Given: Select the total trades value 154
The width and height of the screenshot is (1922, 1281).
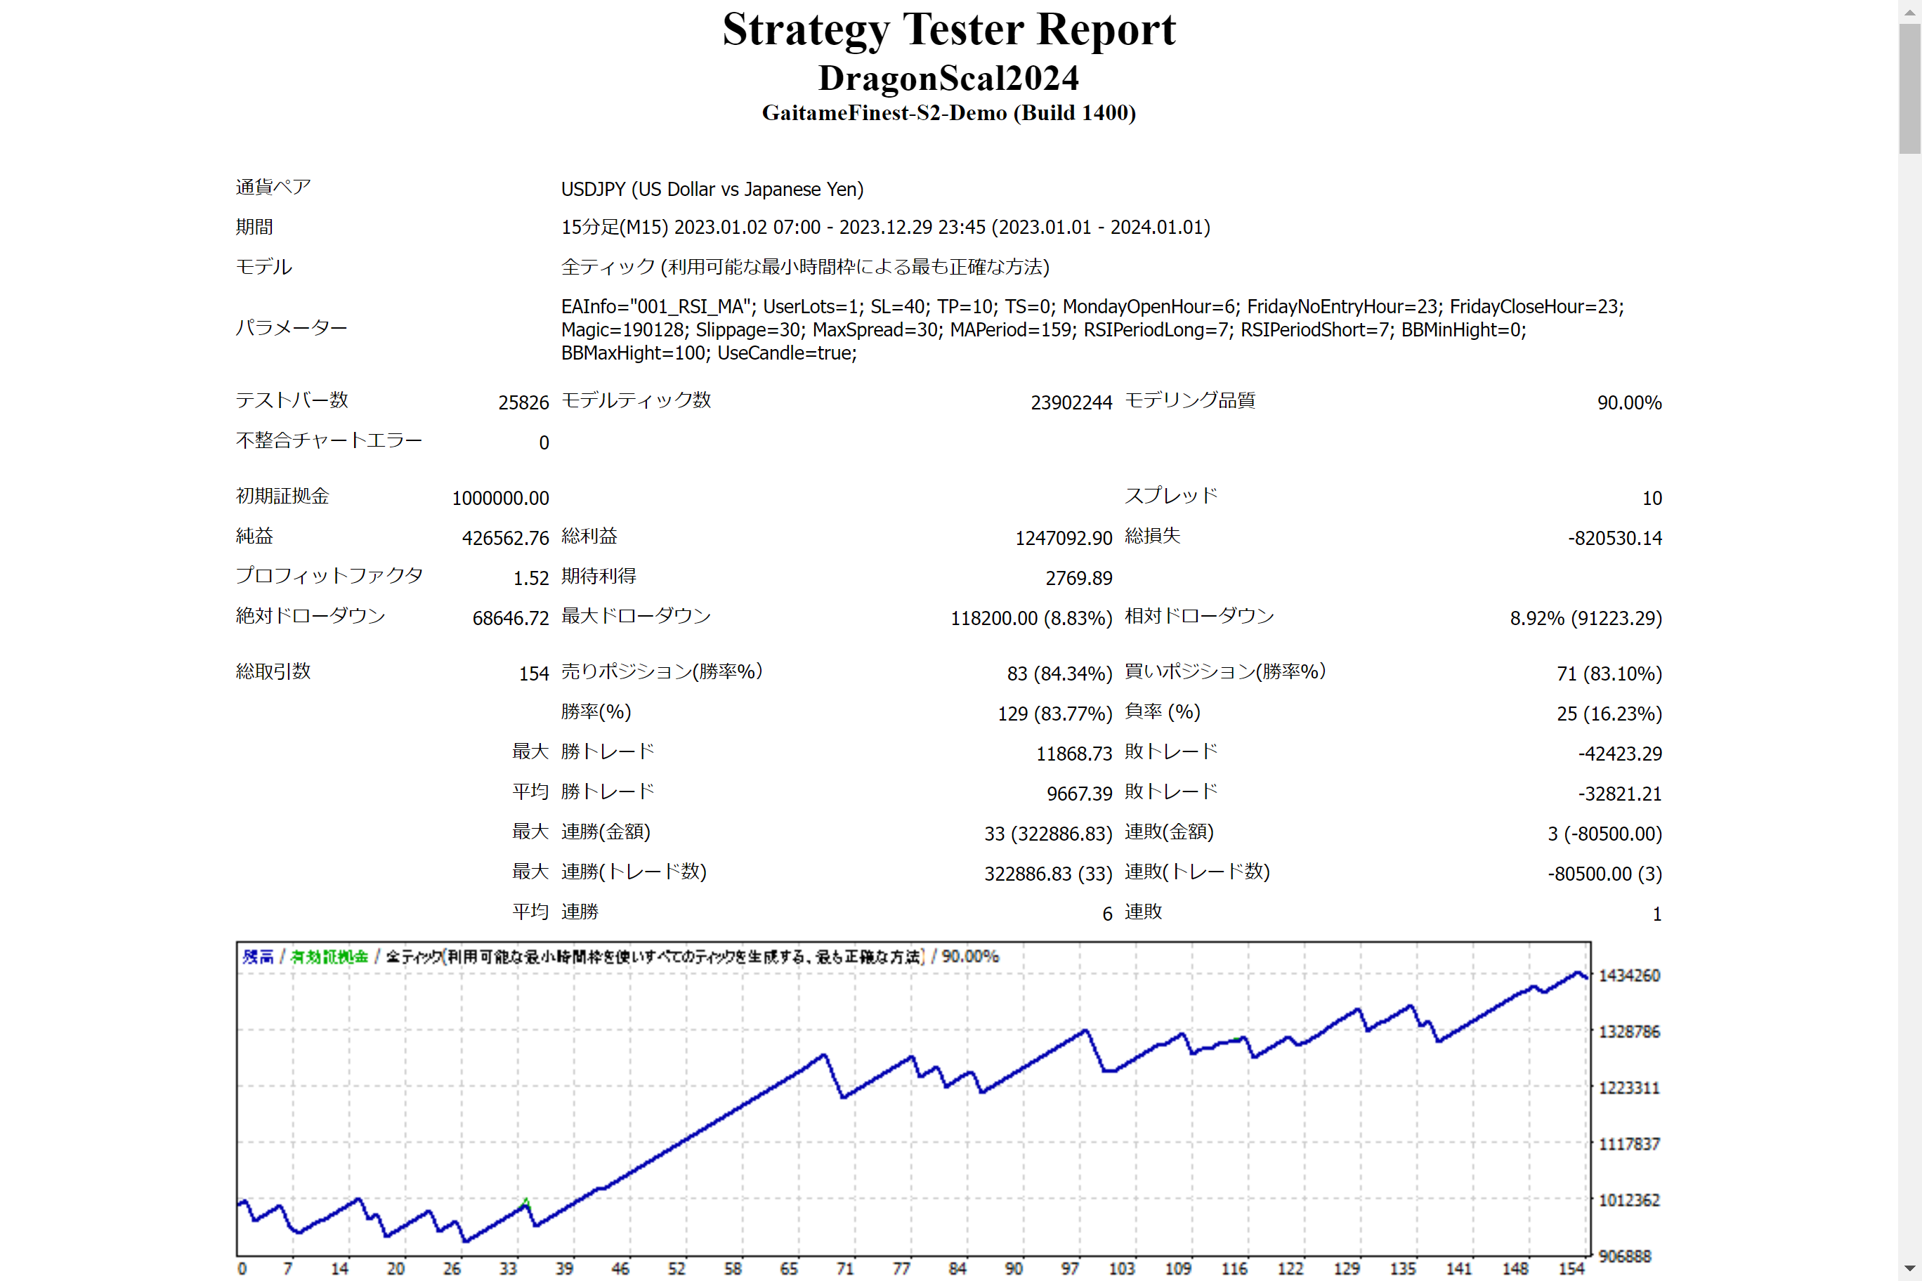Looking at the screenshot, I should tap(534, 674).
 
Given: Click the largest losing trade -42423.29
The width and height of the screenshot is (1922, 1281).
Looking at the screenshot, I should tap(1620, 754).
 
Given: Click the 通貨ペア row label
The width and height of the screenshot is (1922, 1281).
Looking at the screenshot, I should tap(273, 187).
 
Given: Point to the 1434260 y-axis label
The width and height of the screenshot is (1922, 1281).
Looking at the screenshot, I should tap(1628, 975).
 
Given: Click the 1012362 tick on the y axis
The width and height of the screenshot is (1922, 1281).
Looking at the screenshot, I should tap(1628, 1200).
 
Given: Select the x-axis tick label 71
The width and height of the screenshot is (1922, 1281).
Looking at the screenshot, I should tap(844, 1268).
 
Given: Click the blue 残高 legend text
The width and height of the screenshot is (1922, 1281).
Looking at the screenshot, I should tap(257, 957).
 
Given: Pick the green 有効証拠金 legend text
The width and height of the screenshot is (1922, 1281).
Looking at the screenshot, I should tap(329, 957).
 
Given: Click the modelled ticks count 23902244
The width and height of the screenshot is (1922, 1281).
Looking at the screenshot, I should tap(1071, 402).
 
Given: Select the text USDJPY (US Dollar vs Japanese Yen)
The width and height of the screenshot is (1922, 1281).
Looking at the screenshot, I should tap(712, 190).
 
